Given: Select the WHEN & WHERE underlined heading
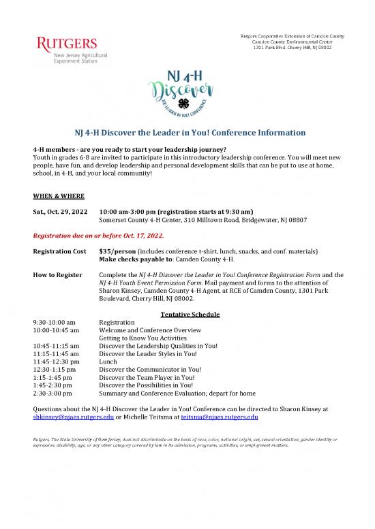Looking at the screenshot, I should click(x=59, y=195).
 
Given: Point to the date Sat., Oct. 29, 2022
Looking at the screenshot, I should click(x=60, y=211).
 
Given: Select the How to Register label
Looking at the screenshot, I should click(x=58, y=274).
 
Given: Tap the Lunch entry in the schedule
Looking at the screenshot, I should click(x=108, y=362).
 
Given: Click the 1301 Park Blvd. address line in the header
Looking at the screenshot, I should click(x=292, y=46).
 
